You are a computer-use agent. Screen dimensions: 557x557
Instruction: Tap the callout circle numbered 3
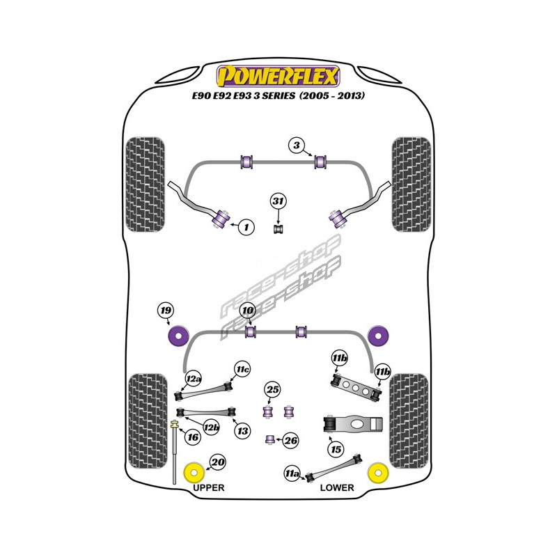coord(297,146)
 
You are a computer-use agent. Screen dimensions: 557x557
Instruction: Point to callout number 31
coord(278,202)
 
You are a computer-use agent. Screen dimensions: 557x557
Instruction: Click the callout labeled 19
coord(165,311)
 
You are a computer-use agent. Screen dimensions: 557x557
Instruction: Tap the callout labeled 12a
coord(193,379)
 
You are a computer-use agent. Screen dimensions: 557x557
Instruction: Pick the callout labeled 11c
coord(242,368)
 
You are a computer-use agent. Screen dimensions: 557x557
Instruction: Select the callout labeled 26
coord(291,440)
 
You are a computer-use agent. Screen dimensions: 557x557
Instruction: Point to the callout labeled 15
coord(336,450)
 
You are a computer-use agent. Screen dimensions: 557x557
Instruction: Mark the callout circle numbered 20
coord(218,461)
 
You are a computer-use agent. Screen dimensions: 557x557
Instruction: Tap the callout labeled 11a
coord(292,475)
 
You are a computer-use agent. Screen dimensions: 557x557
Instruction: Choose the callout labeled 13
coord(242,432)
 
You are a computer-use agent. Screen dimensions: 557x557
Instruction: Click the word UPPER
coord(208,487)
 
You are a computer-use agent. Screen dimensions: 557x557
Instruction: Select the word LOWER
coord(337,487)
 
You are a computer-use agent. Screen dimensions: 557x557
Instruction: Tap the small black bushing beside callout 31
coord(278,228)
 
